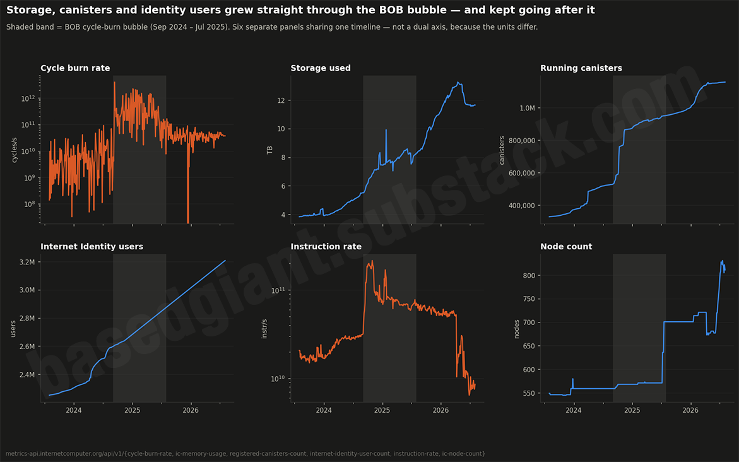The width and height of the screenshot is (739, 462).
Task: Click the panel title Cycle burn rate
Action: tap(75, 68)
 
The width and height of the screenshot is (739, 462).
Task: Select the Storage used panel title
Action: tap(321, 68)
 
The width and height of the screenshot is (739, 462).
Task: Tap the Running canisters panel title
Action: tap(581, 68)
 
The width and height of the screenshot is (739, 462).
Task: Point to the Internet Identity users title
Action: tap(92, 247)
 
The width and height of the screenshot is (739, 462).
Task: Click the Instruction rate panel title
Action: tap(326, 247)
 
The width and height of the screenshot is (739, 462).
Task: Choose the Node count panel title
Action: tap(566, 247)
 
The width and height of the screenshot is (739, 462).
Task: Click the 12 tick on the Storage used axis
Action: tap(281, 100)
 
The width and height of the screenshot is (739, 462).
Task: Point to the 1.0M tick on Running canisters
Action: tap(528, 108)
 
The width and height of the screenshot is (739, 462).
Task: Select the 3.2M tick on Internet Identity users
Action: tap(27, 262)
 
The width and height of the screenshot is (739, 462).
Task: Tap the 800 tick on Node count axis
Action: tap(529, 276)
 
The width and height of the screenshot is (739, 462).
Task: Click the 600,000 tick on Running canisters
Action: tap(522, 173)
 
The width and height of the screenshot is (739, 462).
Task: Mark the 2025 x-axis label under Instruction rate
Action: tap(382, 410)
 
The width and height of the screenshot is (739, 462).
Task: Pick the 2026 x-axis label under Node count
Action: tap(690, 410)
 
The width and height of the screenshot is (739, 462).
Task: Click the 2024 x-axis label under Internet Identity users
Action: tap(74, 410)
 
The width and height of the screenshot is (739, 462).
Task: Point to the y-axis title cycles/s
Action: tap(14, 150)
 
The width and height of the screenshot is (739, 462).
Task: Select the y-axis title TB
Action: tap(269, 150)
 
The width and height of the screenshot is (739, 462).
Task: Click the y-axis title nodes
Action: tap(517, 329)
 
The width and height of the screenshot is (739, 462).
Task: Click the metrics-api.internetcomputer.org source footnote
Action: tap(245, 454)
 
